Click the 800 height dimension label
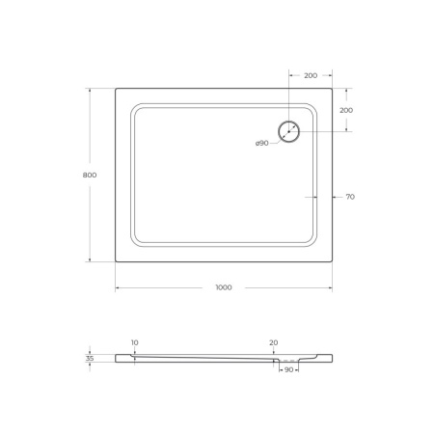(x=90, y=175)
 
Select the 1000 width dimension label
(x=224, y=287)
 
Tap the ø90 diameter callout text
(x=261, y=144)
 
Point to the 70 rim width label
(x=349, y=197)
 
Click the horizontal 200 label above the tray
(x=311, y=74)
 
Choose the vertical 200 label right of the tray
(x=346, y=110)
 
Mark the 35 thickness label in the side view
(x=90, y=358)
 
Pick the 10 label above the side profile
(x=134, y=342)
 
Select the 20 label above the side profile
(x=274, y=342)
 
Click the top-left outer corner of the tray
(x=116, y=90)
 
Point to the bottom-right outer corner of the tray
(x=333, y=261)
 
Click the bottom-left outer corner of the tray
(x=116, y=261)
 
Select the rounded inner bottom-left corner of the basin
(x=135, y=242)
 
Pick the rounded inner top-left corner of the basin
(x=135, y=108)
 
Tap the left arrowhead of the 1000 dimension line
(x=118, y=287)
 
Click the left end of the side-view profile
(x=117, y=358)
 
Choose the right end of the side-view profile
(x=332, y=358)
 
